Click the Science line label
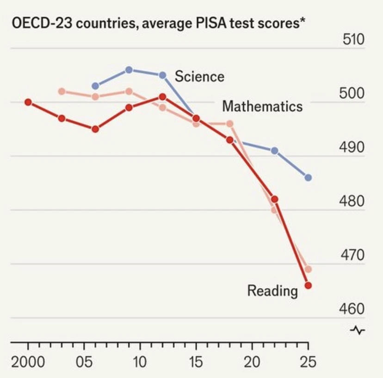(199, 76)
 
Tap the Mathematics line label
(262, 107)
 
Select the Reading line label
(272, 291)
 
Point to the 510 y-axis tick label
(353, 39)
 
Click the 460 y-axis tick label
(352, 309)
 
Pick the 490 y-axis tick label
(352, 147)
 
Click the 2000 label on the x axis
(28, 362)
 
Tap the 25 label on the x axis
(308, 362)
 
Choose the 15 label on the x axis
(196, 362)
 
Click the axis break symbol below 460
(358, 330)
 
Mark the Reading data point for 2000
(28, 102)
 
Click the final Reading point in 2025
(308, 285)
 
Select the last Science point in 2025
(308, 177)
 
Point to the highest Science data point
(129, 70)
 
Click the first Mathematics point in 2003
(62, 92)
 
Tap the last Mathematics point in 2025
(308, 269)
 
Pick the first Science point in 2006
(95, 86)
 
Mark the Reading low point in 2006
(95, 129)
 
